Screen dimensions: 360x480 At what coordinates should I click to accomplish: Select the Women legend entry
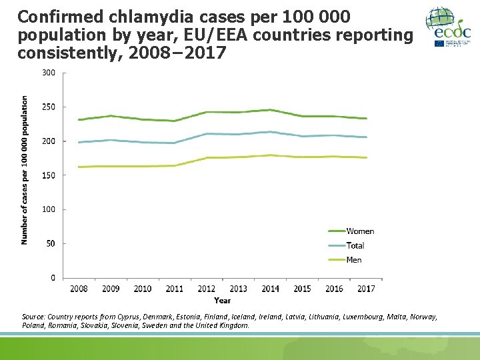[x=360, y=231]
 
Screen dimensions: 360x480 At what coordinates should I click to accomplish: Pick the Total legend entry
[x=355, y=245]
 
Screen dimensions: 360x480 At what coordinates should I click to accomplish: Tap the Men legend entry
[x=353, y=259]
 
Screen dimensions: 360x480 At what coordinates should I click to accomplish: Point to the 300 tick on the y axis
[x=49, y=73]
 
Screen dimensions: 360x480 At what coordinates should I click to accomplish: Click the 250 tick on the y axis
[x=49, y=107]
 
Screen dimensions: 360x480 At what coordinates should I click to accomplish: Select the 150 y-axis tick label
[x=49, y=175]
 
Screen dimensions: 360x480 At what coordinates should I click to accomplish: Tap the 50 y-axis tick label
[x=51, y=244]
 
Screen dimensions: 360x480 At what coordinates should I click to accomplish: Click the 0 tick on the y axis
[x=53, y=278]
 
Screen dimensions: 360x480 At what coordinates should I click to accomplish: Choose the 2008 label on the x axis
[x=79, y=289]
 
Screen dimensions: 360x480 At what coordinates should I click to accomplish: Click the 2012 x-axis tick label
[x=206, y=289]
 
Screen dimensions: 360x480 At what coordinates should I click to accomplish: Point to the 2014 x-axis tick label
[x=270, y=289]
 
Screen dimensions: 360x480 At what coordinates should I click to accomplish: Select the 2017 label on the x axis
[x=366, y=289]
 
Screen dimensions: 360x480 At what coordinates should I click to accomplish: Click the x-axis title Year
[x=223, y=301]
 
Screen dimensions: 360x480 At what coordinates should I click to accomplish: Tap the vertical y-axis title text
[x=25, y=170]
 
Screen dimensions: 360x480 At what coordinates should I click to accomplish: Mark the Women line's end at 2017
[x=366, y=119]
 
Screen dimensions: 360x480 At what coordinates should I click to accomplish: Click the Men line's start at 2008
[x=79, y=167]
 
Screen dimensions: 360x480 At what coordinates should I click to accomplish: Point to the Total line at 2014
[x=270, y=132]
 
